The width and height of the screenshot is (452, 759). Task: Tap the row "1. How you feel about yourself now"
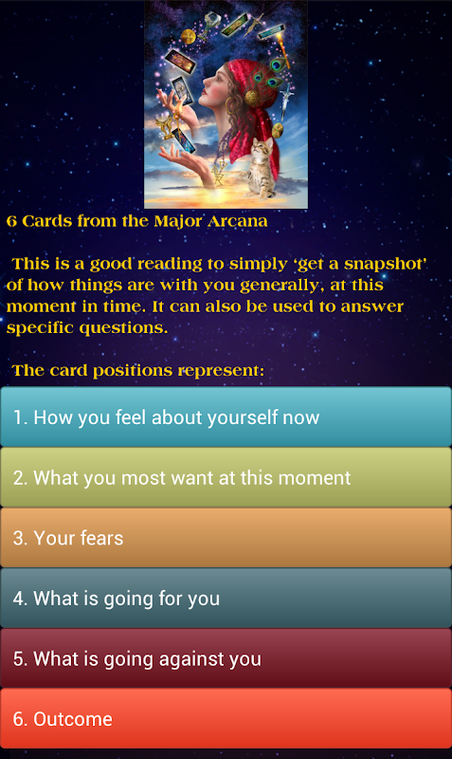[x=226, y=417]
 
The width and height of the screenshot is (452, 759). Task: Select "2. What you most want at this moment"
[x=226, y=477]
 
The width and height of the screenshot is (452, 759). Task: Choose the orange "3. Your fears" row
[x=226, y=537]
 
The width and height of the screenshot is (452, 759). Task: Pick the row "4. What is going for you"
[x=226, y=598]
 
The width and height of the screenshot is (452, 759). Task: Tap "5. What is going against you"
[x=226, y=658]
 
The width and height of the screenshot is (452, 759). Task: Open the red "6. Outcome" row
[x=226, y=718]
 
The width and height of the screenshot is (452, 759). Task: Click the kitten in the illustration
[x=261, y=168]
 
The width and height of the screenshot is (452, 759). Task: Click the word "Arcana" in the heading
[x=237, y=221]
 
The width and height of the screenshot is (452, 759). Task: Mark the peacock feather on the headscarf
[x=274, y=73]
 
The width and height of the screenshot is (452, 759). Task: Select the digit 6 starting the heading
[x=11, y=222]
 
